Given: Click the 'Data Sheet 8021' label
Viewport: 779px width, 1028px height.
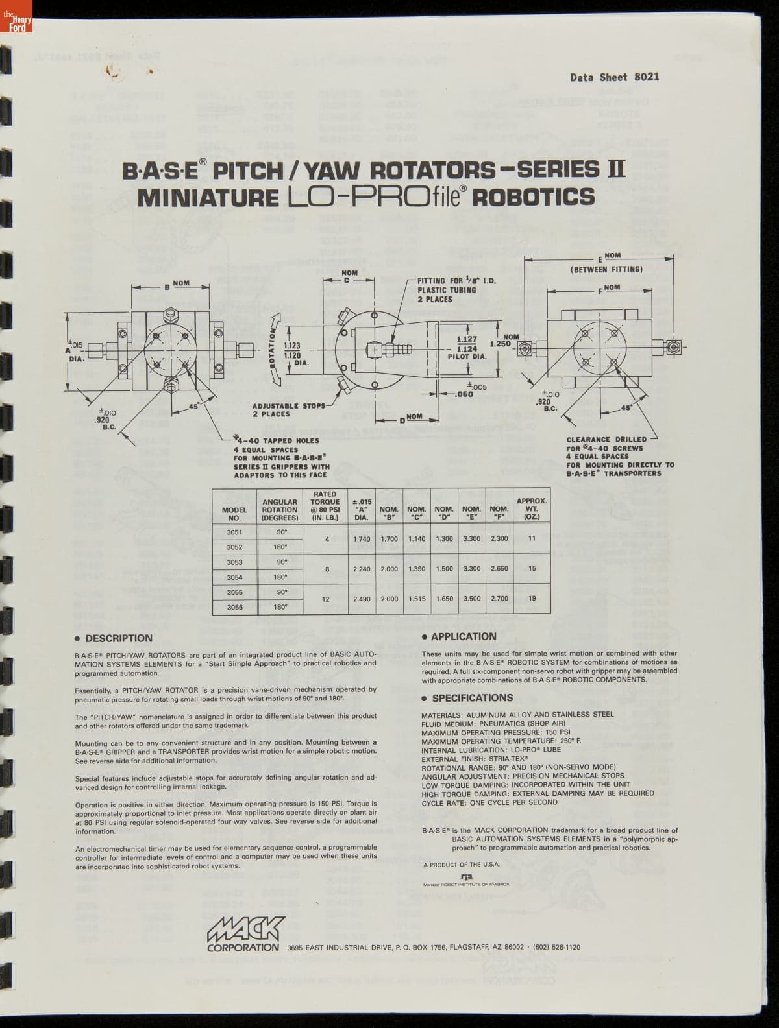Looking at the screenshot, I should pyautogui.click(x=614, y=77).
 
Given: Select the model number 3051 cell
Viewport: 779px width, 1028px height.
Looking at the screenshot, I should pyautogui.click(x=234, y=532).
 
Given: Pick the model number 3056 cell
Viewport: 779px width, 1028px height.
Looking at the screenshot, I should pyautogui.click(x=234, y=607).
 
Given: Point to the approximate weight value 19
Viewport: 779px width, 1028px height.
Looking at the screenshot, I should pyautogui.click(x=532, y=599).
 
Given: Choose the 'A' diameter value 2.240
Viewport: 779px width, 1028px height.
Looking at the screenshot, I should pyautogui.click(x=362, y=569).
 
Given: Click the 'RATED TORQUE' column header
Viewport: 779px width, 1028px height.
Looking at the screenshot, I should pyautogui.click(x=325, y=506).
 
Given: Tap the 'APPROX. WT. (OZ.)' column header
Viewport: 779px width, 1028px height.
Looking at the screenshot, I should pyautogui.click(x=532, y=509).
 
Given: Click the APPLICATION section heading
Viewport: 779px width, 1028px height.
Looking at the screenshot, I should pyautogui.click(x=463, y=637).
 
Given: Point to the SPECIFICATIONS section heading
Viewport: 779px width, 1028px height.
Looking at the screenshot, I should pyautogui.click(x=472, y=698).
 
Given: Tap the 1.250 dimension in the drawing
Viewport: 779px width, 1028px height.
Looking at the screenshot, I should pyautogui.click(x=501, y=344).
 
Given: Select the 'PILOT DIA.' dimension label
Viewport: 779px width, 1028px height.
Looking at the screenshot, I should pyautogui.click(x=467, y=357).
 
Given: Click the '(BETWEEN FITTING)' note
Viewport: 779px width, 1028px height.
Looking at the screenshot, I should pyautogui.click(x=607, y=269).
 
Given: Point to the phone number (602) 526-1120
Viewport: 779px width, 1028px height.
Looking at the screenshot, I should pyautogui.click(x=556, y=947).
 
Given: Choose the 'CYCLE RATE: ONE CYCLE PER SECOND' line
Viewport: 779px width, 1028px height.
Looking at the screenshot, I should pyautogui.click(x=489, y=802).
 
